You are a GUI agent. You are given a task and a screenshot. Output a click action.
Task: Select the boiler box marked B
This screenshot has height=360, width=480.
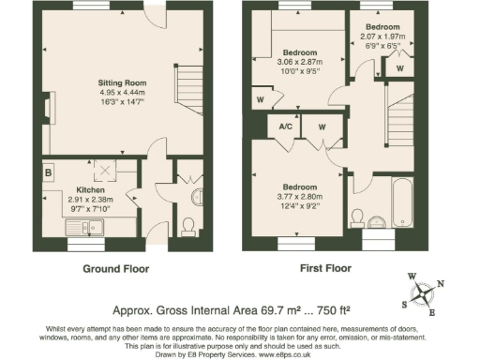[47, 172]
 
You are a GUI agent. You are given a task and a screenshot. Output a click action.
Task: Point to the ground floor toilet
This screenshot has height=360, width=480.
[187, 226]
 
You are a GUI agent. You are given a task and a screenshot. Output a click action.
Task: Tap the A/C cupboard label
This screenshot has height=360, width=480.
[284, 127]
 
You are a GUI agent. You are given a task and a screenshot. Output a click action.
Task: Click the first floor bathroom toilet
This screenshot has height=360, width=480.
[356, 218]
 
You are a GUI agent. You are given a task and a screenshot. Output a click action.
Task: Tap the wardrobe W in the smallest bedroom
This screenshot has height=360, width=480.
[400, 67]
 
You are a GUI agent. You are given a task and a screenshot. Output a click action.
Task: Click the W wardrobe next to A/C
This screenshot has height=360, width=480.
[321, 127]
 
